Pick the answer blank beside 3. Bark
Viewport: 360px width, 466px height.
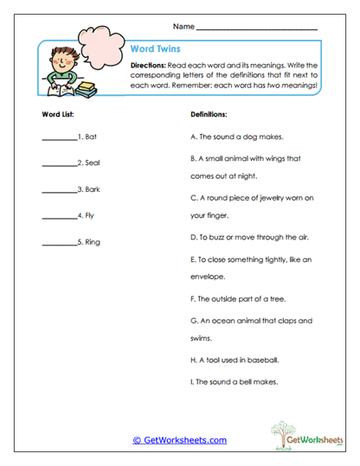point(59,190)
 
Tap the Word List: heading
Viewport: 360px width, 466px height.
point(59,114)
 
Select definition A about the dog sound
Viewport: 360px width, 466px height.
point(235,137)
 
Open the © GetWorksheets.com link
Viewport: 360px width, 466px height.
point(179,440)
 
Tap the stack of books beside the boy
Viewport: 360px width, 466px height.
point(87,87)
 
